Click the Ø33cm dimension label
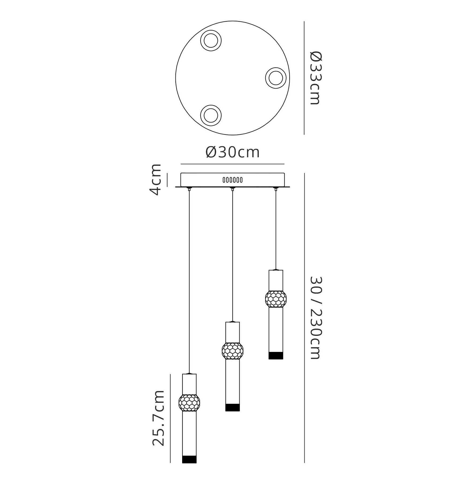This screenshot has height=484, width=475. click(x=315, y=78)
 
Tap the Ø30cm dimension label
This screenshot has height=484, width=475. click(x=232, y=152)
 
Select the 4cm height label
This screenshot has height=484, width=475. click(x=155, y=179)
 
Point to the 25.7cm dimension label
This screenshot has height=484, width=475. click(x=158, y=418)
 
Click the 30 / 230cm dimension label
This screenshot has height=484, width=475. click(x=315, y=318)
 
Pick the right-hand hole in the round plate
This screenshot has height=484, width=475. click(x=276, y=78)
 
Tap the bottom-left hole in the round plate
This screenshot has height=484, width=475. click(x=211, y=115)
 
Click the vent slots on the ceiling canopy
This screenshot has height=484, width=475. click(x=233, y=180)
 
